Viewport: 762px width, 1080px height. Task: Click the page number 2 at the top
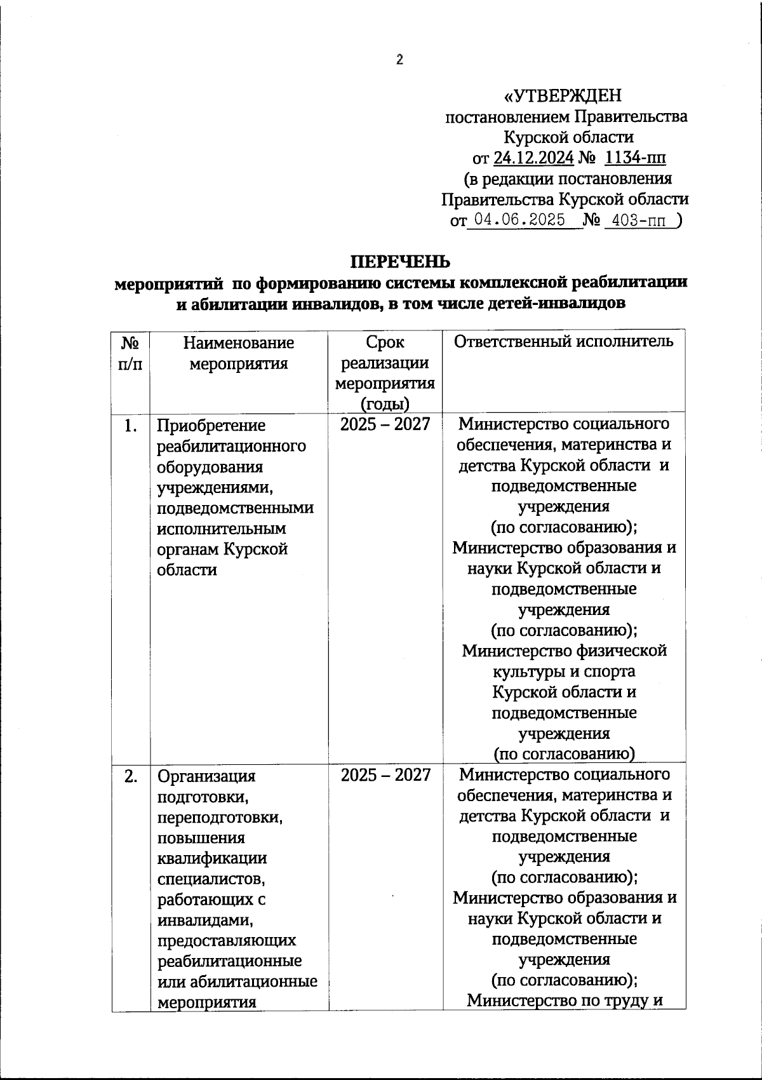click(399, 60)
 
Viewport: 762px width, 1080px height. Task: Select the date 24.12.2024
click(533, 158)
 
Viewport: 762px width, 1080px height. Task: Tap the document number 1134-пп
click(635, 158)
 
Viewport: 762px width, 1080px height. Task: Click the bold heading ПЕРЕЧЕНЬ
click(401, 262)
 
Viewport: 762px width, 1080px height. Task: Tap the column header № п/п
click(130, 353)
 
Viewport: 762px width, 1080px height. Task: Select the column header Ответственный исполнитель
click(563, 342)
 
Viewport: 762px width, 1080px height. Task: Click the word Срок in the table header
click(385, 342)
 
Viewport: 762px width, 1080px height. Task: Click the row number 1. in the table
click(130, 425)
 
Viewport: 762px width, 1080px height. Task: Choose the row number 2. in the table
click(130, 776)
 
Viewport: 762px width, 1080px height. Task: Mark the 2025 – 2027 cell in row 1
click(385, 424)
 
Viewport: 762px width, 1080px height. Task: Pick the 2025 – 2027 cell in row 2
click(385, 775)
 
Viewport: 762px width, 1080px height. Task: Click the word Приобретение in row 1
click(211, 426)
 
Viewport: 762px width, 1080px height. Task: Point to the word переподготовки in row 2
click(220, 817)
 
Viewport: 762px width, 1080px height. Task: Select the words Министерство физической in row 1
click(564, 651)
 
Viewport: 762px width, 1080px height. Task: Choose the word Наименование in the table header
click(238, 343)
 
